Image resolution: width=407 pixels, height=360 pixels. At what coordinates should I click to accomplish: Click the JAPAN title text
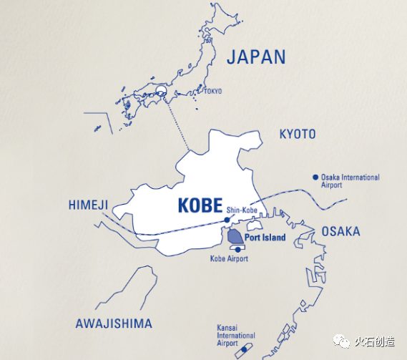click(x=255, y=57)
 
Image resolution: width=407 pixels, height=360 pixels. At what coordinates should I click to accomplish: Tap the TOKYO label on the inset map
click(x=212, y=91)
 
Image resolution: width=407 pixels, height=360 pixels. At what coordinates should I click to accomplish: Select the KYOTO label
click(x=297, y=135)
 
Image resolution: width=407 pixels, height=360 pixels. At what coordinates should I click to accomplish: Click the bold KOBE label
click(x=200, y=206)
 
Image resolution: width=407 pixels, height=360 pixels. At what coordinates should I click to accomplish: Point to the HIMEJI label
click(x=88, y=205)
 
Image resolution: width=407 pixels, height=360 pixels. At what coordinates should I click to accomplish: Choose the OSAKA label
click(x=340, y=232)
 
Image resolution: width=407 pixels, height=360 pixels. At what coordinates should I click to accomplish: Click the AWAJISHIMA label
click(x=114, y=323)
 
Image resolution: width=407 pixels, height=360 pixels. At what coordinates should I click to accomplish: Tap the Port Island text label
click(x=265, y=238)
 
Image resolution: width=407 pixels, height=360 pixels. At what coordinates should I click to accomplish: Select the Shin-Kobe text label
click(x=241, y=209)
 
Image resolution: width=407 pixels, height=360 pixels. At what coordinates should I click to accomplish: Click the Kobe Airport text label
click(x=229, y=258)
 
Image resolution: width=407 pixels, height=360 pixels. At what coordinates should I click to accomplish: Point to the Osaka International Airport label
click(x=350, y=181)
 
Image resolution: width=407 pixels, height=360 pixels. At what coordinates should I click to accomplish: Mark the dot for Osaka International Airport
click(x=314, y=177)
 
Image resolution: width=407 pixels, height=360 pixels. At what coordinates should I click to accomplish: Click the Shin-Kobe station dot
click(x=227, y=220)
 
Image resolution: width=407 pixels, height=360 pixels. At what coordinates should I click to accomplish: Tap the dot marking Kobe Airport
click(x=238, y=249)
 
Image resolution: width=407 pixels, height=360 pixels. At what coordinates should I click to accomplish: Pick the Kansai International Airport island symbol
click(x=245, y=350)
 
